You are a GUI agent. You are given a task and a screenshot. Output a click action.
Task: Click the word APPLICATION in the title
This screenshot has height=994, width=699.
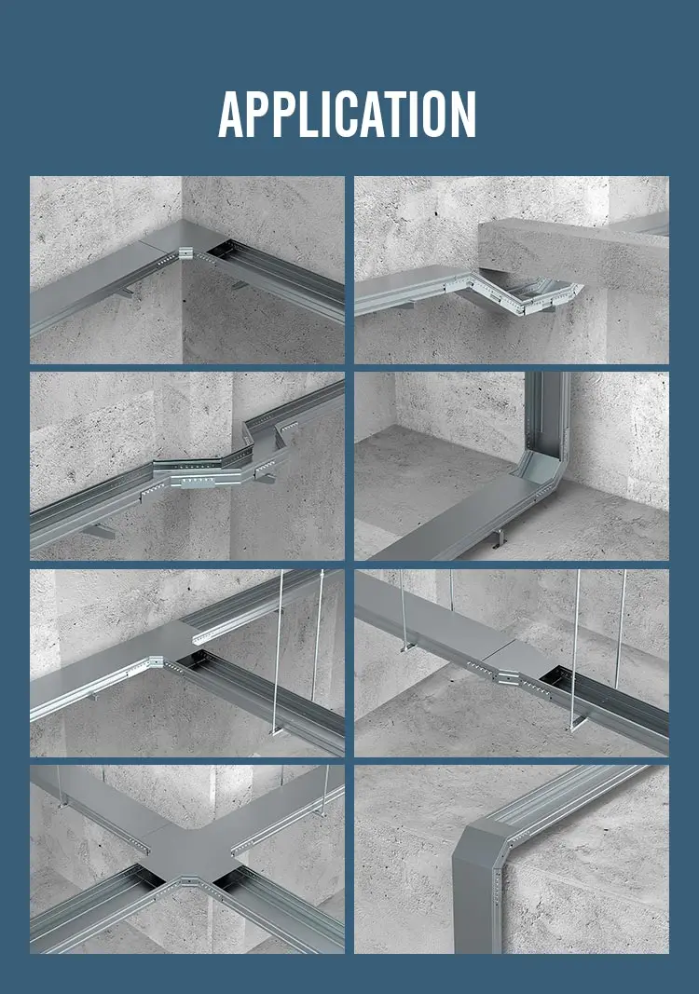click(x=348, y=115)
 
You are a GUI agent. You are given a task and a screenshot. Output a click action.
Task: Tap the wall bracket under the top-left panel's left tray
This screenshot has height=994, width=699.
click(x=123, y=293)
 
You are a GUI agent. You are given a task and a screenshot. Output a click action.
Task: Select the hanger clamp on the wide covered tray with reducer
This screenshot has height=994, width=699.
click(x=405, y=647)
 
